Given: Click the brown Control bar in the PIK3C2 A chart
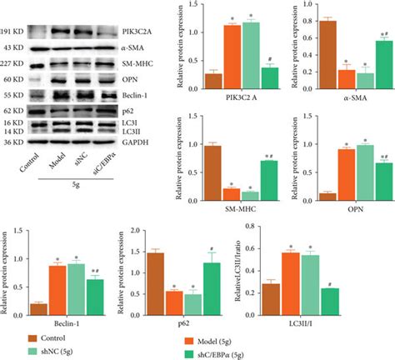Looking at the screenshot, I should pos(212,80).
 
